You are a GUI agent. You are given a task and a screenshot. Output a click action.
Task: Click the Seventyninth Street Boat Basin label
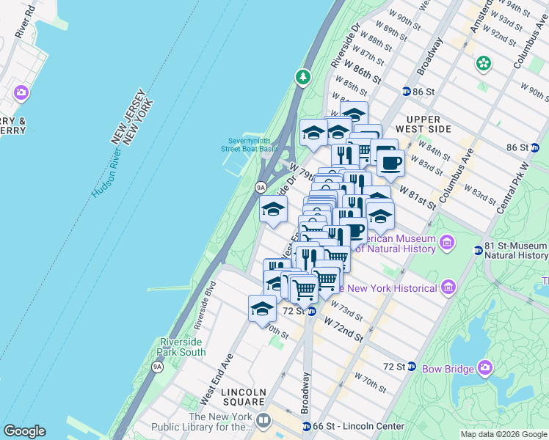pyautogui.click(x=251, y=144)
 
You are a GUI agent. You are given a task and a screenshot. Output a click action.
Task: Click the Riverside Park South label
pyautogui.click(x=183, y=347)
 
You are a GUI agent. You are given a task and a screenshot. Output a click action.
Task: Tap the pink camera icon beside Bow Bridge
pyautogui.click(x=484, y=366)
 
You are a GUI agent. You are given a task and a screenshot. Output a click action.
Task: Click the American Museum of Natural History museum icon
pyautogui.click(x=447, y=241)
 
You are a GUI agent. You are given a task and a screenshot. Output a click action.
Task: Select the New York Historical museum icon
pyautogui.click(x=448, y=287)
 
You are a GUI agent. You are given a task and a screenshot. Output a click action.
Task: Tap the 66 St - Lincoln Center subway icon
pyautogui.click(x=307, y=426)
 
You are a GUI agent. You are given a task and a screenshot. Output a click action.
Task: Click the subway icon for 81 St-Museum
pyautogui.click(x=478, y=249)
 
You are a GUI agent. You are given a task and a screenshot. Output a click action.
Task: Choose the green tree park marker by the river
pyautogui.click(x=302, y=76)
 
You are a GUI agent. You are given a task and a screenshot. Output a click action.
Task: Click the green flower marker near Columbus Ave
pyautogui.click(x=483, y=64)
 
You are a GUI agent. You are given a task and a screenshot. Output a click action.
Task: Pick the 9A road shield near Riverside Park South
pyautogui.click(x=157, y=366)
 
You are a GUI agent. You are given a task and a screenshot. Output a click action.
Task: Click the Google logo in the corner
pyautogui.click(x=24, y=431)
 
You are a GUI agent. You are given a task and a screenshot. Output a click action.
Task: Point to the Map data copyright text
pyautogui.click(x=503, y=434)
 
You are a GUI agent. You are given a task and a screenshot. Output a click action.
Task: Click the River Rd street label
pyautogui.click(x=23, y=20)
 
